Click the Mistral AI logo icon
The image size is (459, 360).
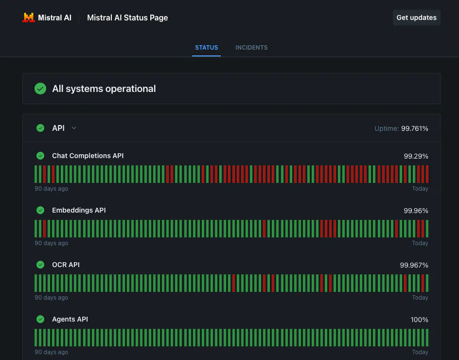click(29, 18)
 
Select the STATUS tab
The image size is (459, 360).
click(206, 48)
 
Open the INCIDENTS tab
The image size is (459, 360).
click(251, 48)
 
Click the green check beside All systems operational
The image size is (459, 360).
click(40, 89)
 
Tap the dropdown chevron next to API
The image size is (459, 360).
click(74, 128)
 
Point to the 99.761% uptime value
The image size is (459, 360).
click(414, 128)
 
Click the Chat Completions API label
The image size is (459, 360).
click(88, 156)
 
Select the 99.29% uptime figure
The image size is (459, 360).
click(416, 156)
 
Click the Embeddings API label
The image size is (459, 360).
click(79, 210)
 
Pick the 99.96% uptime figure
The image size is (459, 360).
click(416, 211)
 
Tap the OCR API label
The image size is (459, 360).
click(66, 265)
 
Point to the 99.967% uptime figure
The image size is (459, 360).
click(414, 265)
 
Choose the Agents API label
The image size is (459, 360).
click(70, 319)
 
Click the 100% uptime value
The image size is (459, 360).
click(419, 320)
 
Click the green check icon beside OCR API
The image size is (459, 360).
click(40, 265)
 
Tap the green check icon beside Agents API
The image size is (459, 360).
click(40, 319)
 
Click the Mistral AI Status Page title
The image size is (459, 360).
click(127, 18)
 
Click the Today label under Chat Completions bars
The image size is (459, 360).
click(420, 189)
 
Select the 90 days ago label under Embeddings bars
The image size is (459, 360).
click(51, 243)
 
